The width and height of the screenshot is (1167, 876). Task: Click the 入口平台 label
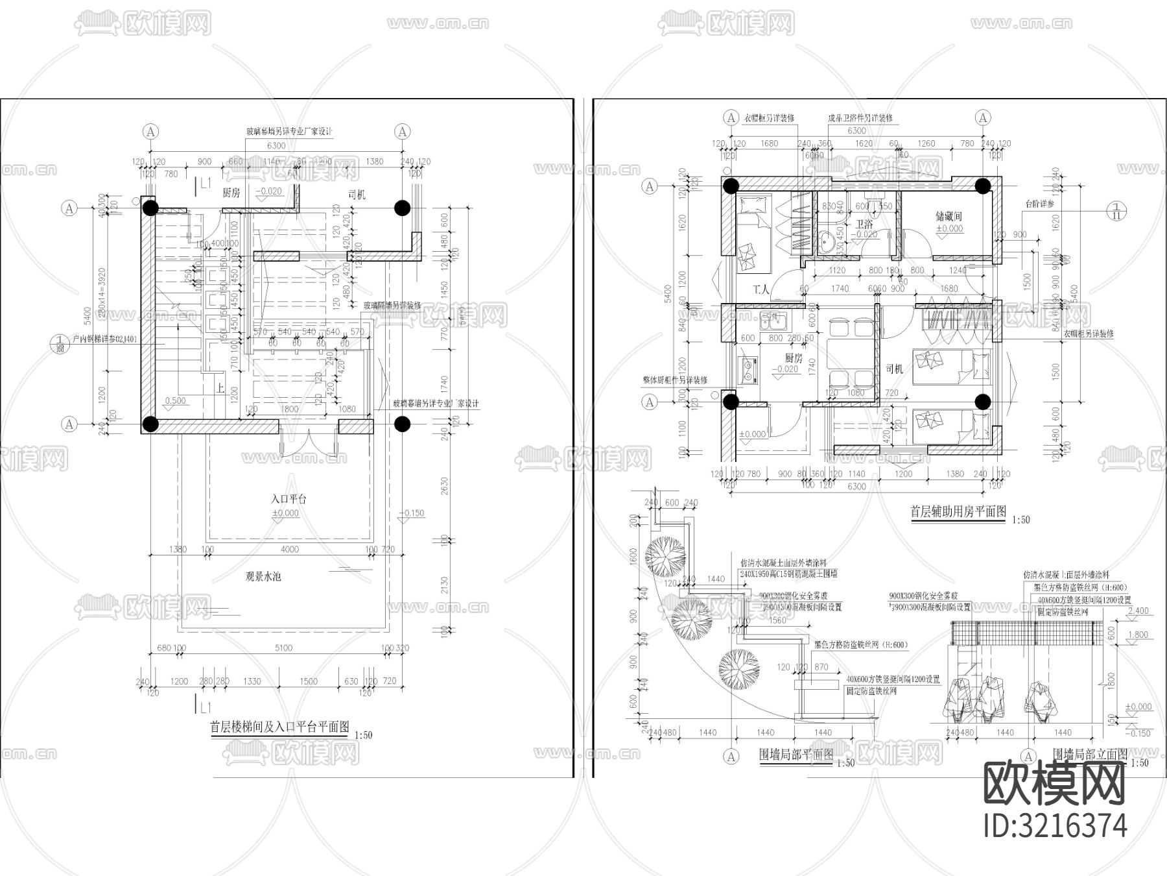[x=289, y=499]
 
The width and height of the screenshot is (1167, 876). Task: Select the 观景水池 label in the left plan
[x=263, y=576]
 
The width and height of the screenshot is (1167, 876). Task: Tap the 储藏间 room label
[x=949, y=216]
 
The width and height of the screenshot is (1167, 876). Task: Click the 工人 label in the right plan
[x=761, y=289]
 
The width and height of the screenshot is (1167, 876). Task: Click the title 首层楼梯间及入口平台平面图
[x=279, y=727]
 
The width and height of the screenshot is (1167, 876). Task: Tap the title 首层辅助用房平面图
[x=958, y=512]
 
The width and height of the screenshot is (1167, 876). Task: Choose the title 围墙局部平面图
[x=796, y=755]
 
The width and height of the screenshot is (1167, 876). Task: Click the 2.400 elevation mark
[x=1138, y=611]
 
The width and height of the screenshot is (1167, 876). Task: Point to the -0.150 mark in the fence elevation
[x=1139, y=733]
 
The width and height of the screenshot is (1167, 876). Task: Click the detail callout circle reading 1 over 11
[x=1116, y=211]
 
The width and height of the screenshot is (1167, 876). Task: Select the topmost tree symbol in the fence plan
[x=666, y=556]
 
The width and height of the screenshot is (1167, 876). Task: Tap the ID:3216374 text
[x=1055, y=825]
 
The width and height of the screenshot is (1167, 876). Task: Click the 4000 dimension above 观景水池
[x=289, y=550]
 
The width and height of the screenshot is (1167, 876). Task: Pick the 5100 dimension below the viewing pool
[x=283, y=648]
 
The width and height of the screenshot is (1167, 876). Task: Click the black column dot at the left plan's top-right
[x=403, y=208]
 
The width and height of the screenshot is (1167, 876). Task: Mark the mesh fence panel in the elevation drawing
[x=1024, y=633]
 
